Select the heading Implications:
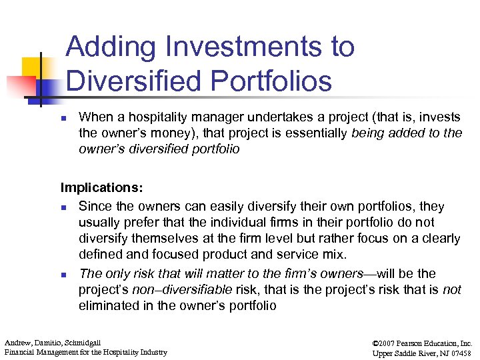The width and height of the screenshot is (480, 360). pos(101,188)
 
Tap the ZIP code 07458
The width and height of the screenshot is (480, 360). pos(459,352)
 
